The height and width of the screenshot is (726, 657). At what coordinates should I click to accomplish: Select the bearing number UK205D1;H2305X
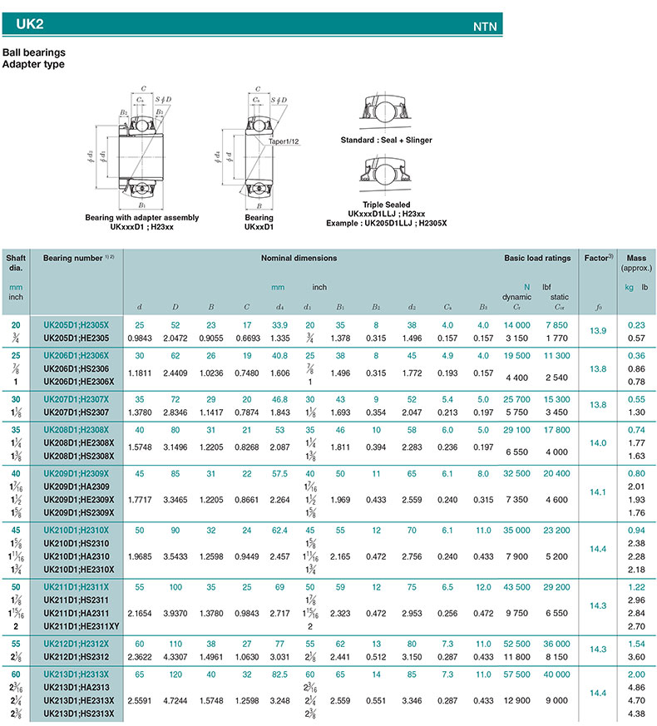coord(82,323)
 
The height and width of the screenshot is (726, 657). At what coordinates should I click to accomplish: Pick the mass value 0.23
coord(636,324)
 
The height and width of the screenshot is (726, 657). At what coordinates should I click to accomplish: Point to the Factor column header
coord(598,259)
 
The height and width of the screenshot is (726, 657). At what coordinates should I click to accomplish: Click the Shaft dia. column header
coord(16,263)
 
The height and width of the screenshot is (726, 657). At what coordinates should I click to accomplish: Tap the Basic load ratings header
coord(537,259)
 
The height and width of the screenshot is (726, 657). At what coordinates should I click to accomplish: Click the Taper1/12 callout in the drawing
coord(284,141)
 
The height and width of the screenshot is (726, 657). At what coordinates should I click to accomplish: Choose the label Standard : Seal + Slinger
coord(387,141)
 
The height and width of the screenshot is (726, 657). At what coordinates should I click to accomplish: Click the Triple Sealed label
coord(387,204)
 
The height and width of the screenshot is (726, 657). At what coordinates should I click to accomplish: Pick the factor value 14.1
coord(598,491)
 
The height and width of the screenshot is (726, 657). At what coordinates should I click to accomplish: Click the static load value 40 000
coord(558,674)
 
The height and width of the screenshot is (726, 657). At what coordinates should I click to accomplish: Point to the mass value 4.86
coord(636,688)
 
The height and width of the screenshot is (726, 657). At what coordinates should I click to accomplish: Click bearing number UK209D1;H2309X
coord(82,473)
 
